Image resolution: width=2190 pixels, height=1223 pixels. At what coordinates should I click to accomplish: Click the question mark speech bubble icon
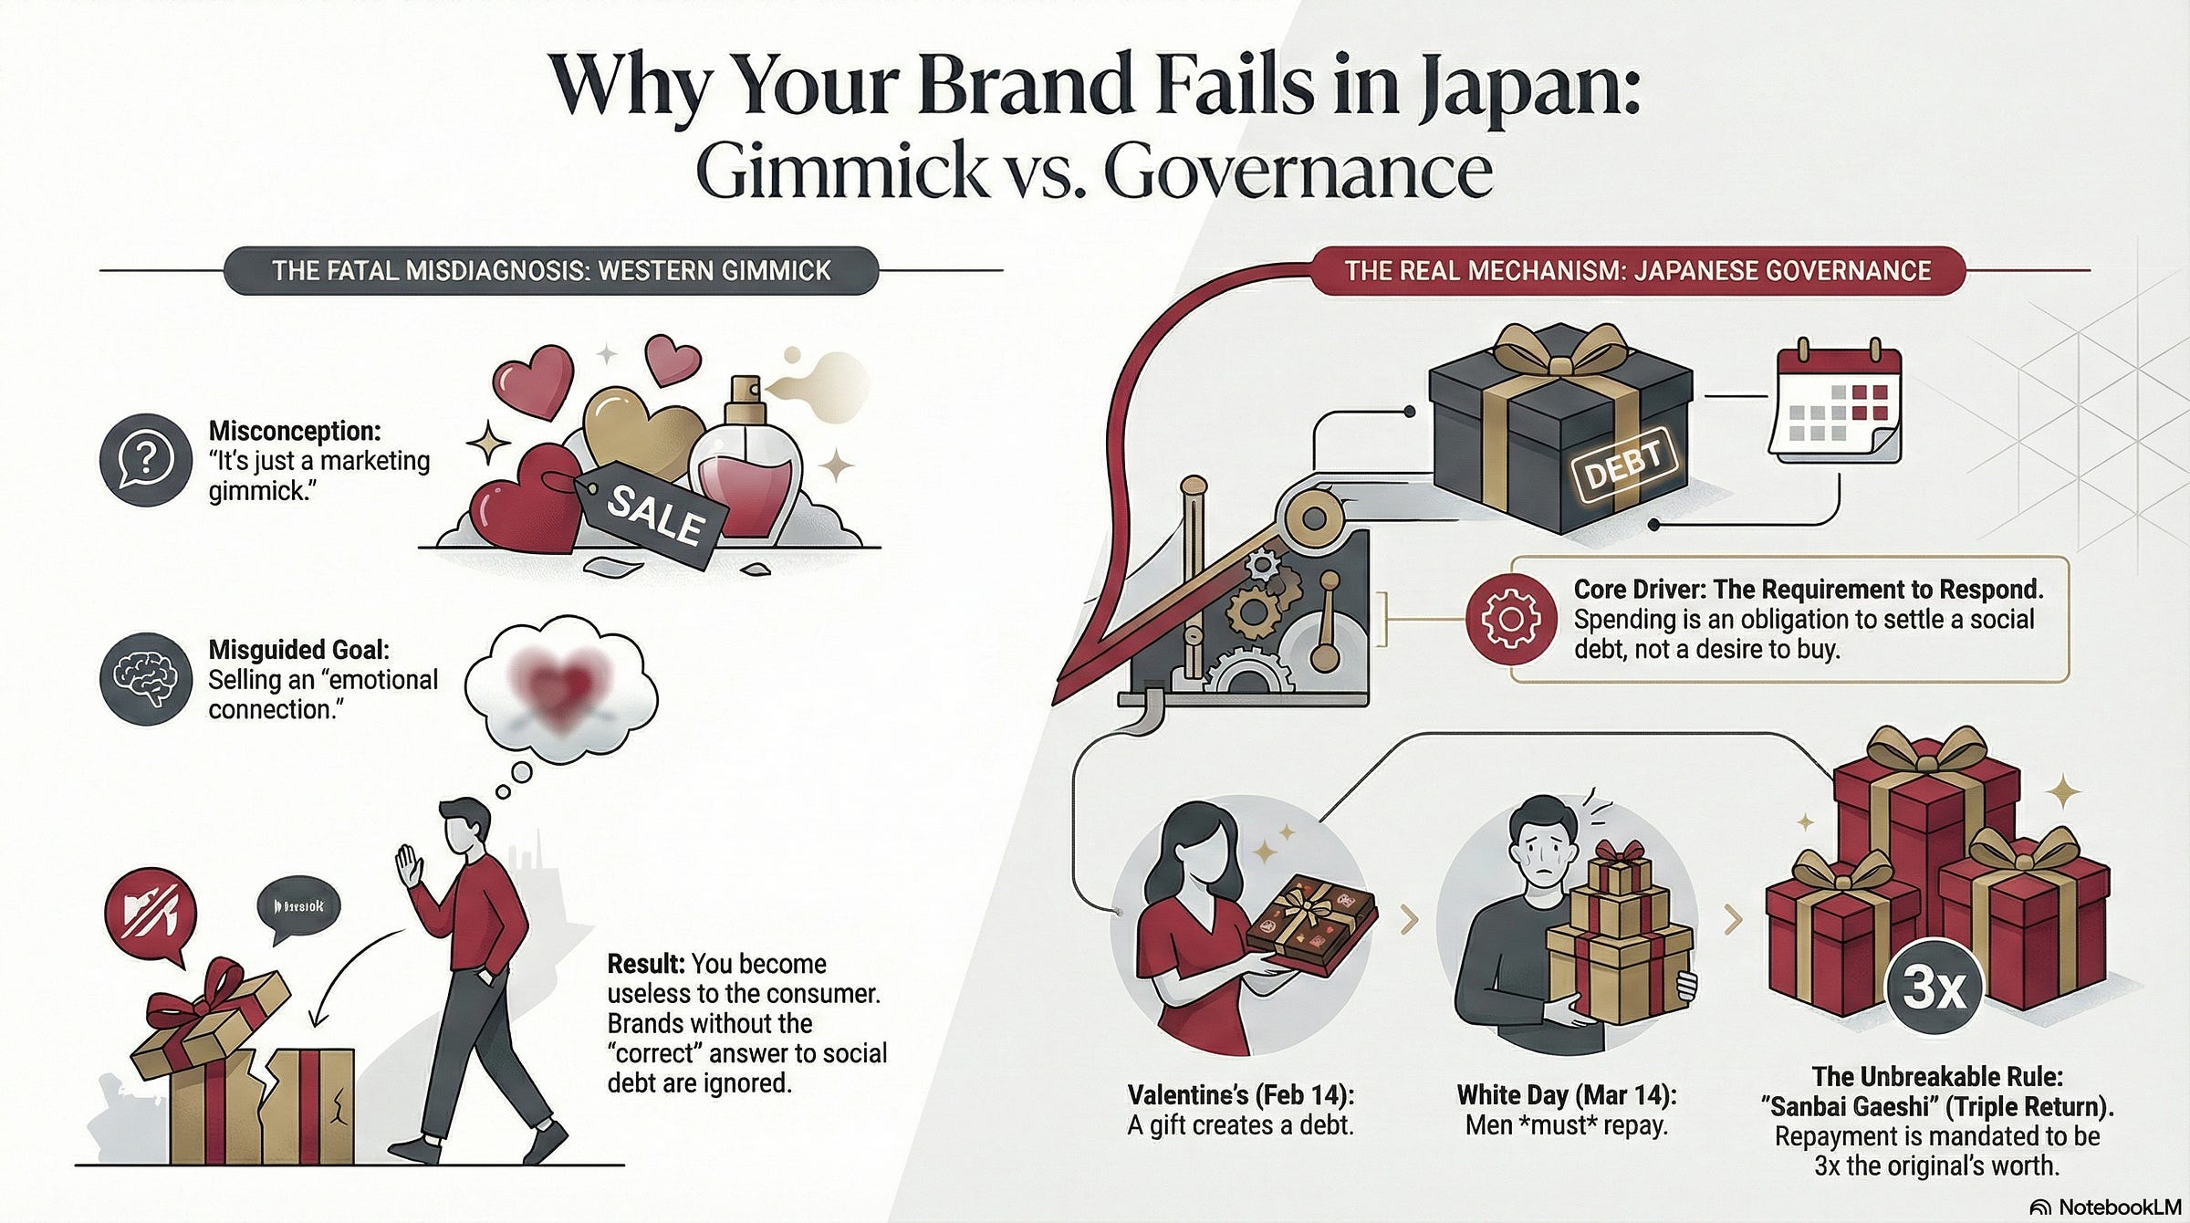click(145, 459)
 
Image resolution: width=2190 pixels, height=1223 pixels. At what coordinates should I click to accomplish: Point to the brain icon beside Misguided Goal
click(145, 680)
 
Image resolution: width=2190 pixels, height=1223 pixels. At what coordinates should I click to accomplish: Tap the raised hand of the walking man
click(408, 866)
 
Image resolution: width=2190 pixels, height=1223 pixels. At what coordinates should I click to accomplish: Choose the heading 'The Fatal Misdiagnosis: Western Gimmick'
click(551, 271)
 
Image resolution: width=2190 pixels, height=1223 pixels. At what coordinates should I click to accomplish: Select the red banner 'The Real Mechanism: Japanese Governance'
click(1637, 271)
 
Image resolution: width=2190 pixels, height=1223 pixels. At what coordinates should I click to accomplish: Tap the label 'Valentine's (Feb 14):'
click(1241, 1095)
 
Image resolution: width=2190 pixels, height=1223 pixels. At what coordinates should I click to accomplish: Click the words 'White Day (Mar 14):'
click(1566, 1095)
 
